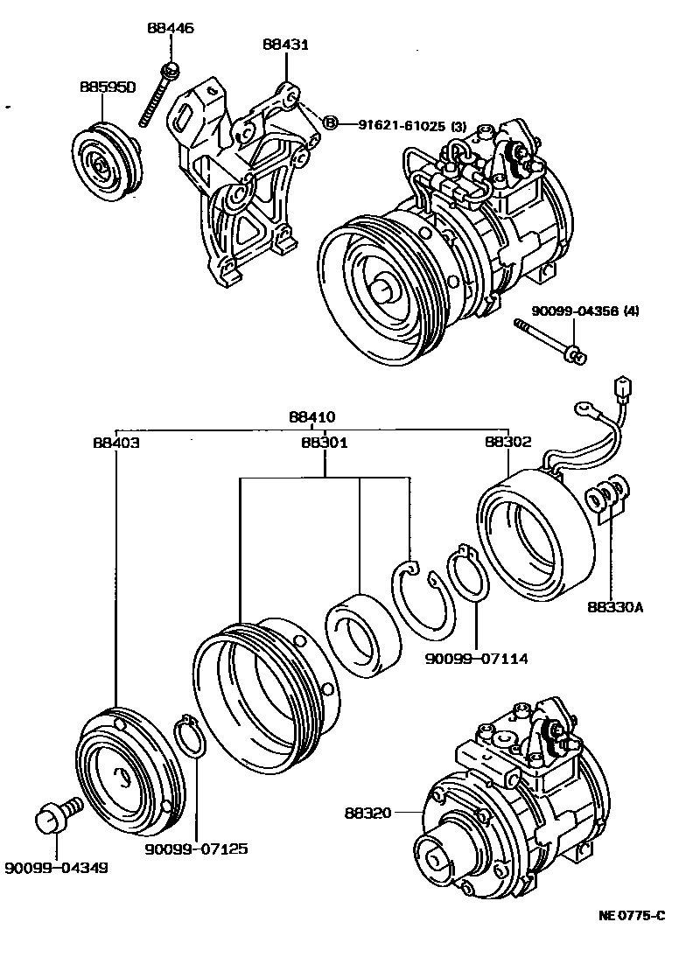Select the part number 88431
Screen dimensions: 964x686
284,45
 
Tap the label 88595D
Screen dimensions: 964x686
108,87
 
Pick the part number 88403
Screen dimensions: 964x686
115,443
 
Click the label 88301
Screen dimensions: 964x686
325,443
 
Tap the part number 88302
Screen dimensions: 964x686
508,443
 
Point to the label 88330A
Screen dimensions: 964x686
614,605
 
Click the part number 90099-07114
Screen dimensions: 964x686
477,655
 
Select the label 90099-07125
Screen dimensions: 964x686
197,848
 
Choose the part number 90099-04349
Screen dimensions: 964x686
56,868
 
